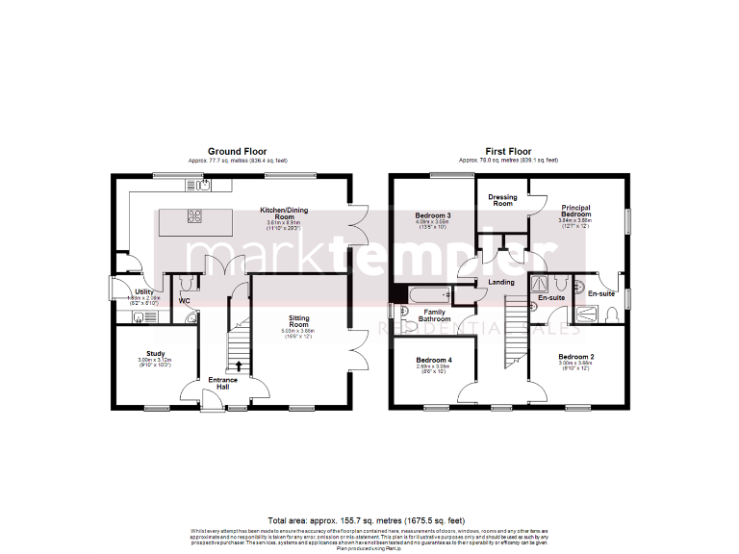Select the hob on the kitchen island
[x=194, y=215]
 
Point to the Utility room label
[x=144, y=290]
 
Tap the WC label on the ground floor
[x=183, y=301]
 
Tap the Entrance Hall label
[x=223, y=384]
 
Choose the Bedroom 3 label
[x=433, y=215]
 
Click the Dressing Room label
[x=502, y=200]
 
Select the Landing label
[x=501, y=282]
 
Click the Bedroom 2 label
[x=575, y=357]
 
